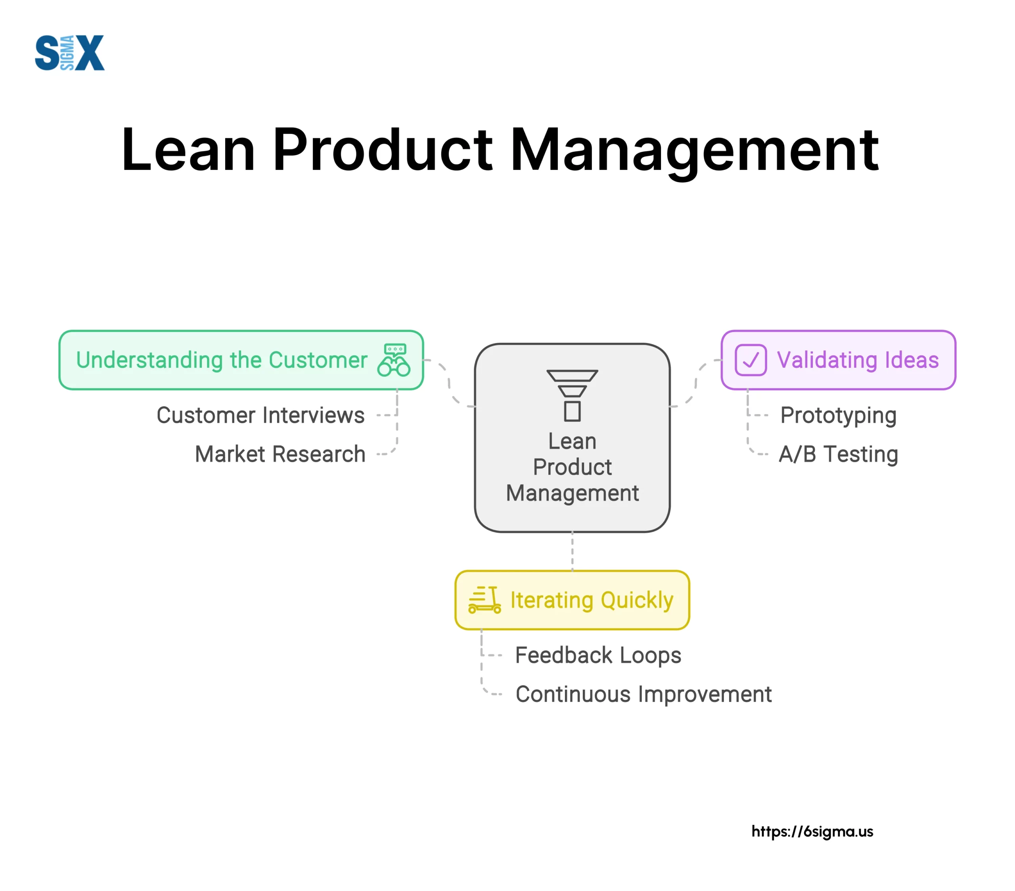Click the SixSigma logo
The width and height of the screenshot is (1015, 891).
pos(69,53)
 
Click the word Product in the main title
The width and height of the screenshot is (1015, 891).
pos(382,150)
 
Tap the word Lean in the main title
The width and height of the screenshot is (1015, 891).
pos(188,150)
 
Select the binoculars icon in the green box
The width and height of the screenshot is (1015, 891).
pos(394,360)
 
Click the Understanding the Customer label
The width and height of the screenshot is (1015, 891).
pos(222,360)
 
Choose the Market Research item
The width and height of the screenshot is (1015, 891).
pos(280,454)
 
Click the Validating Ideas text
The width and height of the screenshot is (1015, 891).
pos(858,360)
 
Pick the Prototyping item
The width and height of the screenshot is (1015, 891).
pos(838,416)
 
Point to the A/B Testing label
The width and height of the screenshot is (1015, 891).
pos(838,454)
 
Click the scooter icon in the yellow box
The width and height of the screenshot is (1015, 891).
pos(485,600)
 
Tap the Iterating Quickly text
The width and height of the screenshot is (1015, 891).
pos(592,600)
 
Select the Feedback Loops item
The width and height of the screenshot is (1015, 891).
pos(598,655)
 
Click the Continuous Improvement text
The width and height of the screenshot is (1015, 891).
pos(643,694)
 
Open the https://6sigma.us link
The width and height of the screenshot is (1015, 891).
pos(812,832)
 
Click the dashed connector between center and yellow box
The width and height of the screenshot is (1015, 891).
pos(572,551)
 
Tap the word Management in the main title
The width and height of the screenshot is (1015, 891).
pos(694,150)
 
